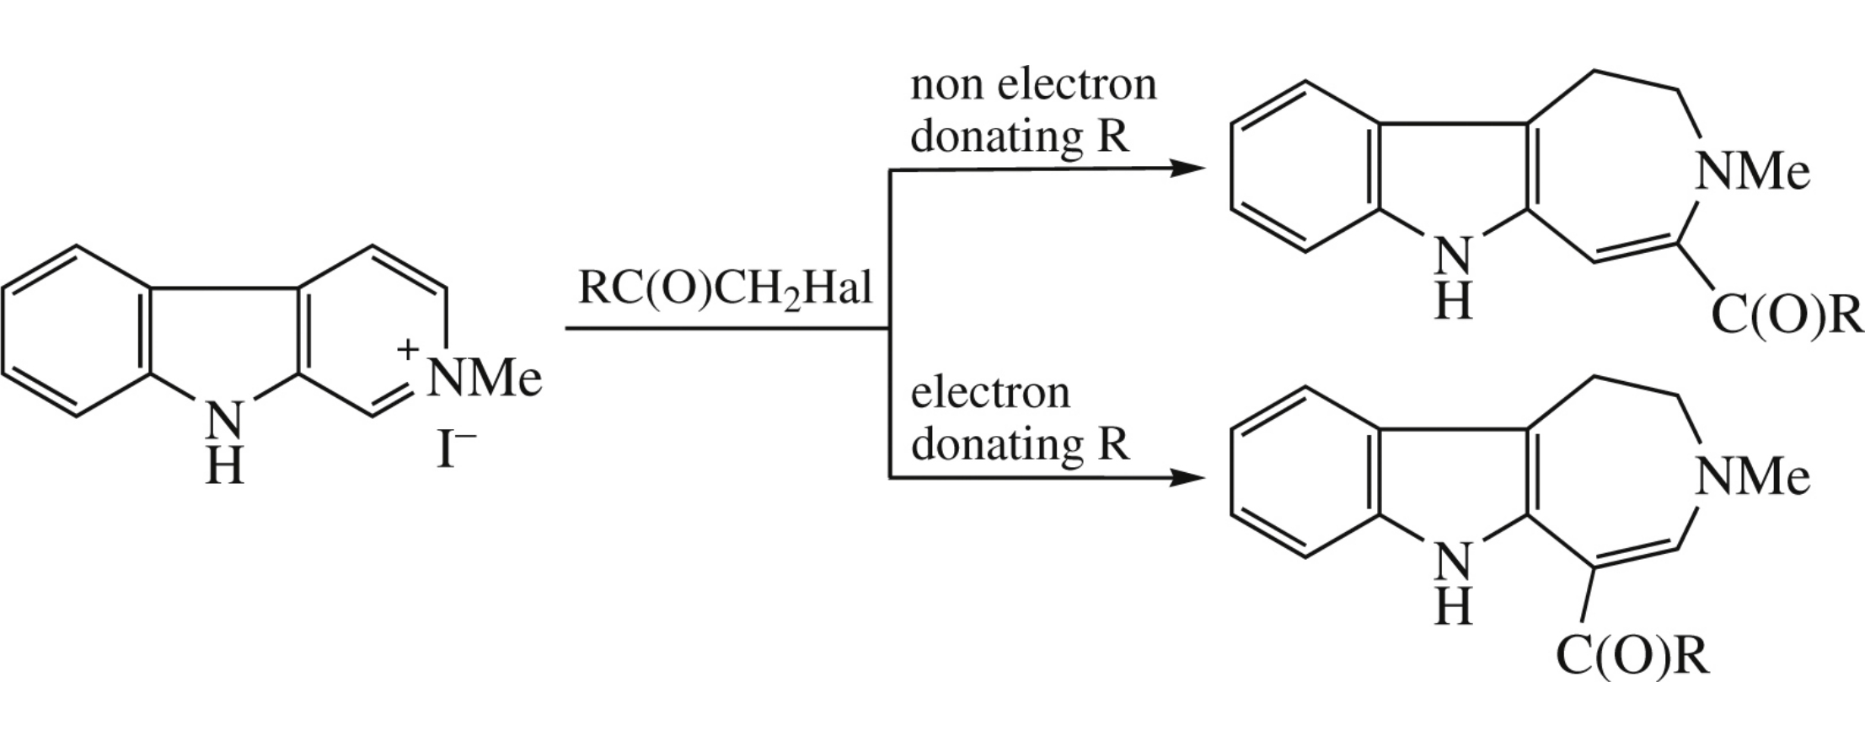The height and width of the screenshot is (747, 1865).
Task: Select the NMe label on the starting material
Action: [x=484, y=379]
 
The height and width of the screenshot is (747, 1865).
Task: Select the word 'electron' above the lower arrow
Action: [x=990, y=394]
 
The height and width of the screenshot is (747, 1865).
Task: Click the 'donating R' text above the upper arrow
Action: [x=1020, y=137]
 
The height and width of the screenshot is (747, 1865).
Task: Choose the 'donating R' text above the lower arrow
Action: [x=1020, y=444]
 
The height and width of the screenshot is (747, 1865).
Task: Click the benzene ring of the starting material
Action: [x=78, y=331]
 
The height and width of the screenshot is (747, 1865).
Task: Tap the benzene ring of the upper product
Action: [x=1305, y=167]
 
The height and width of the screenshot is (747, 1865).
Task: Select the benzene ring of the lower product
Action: [x=1305, y=472]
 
